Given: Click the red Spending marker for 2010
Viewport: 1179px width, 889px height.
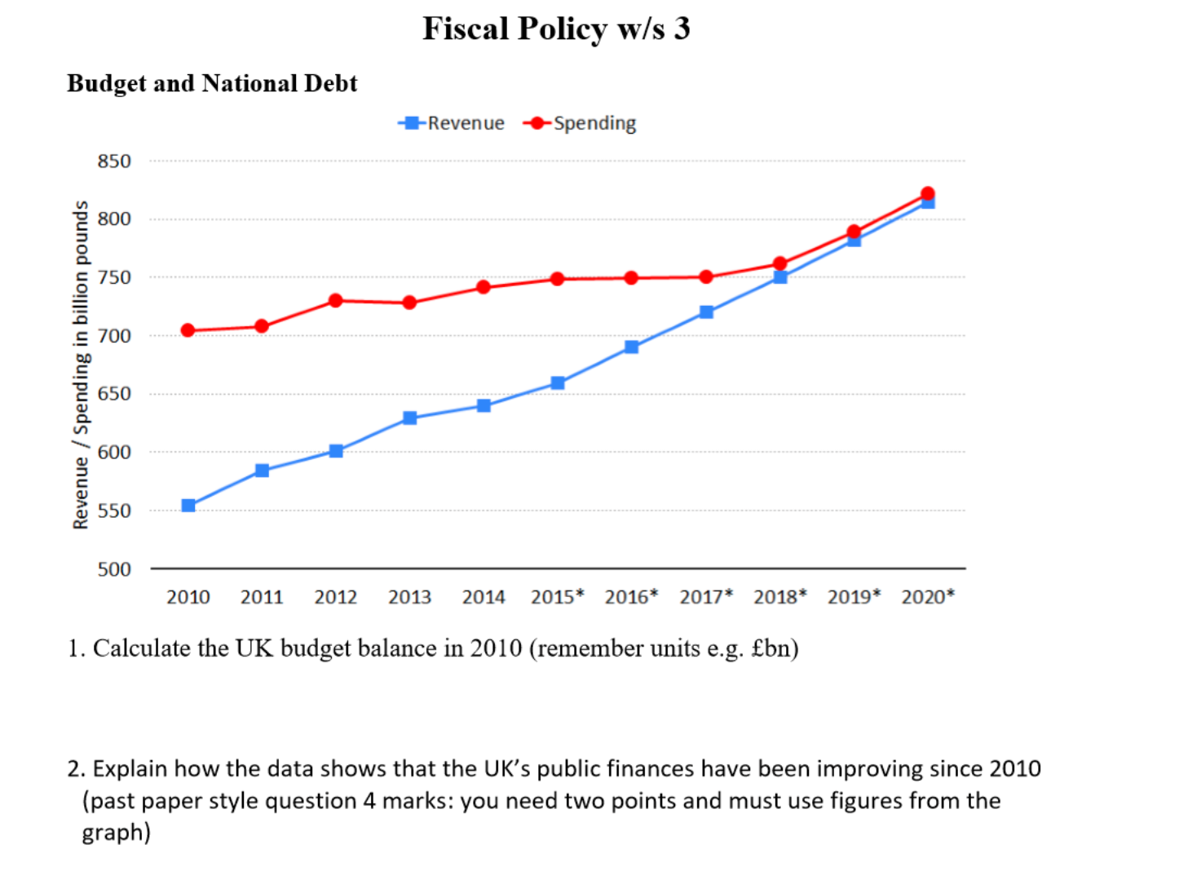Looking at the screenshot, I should pos(188,330).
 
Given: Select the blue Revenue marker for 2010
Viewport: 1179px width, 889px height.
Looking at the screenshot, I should pos(188,506).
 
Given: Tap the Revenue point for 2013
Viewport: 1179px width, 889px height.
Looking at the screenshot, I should pos(410,418).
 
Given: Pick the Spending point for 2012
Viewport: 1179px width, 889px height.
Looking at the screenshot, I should pos(336,301).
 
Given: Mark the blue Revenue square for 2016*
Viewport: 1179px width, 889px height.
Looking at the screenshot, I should pos(631,347).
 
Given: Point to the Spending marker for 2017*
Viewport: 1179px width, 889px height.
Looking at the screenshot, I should pos(706,277).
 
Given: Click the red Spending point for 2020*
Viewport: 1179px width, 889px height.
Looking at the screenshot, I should pos(927,193).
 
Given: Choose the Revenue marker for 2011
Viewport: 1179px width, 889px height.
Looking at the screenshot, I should pos(262,471).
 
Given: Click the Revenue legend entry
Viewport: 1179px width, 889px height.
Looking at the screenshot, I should pos(453,123).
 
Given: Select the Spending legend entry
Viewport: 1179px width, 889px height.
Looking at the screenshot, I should pos(581,123).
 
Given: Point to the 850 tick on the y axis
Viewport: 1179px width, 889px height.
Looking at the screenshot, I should pos(114,161).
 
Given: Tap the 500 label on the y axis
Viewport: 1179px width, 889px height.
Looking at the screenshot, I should pos(114,569).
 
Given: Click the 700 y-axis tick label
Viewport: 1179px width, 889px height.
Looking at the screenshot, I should pos(114,336).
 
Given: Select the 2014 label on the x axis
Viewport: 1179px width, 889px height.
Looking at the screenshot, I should pos(484,597).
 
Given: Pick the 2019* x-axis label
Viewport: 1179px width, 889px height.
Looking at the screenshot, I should pos(854,597).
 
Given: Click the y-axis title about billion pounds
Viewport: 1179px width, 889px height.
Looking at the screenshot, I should pos(81,365).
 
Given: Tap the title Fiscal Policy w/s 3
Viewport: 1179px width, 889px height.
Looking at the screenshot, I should pos(556,29).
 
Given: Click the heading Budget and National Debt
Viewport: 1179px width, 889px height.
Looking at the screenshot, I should pos(212,83).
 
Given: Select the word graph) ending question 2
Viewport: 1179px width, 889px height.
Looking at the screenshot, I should pos(116,833).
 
